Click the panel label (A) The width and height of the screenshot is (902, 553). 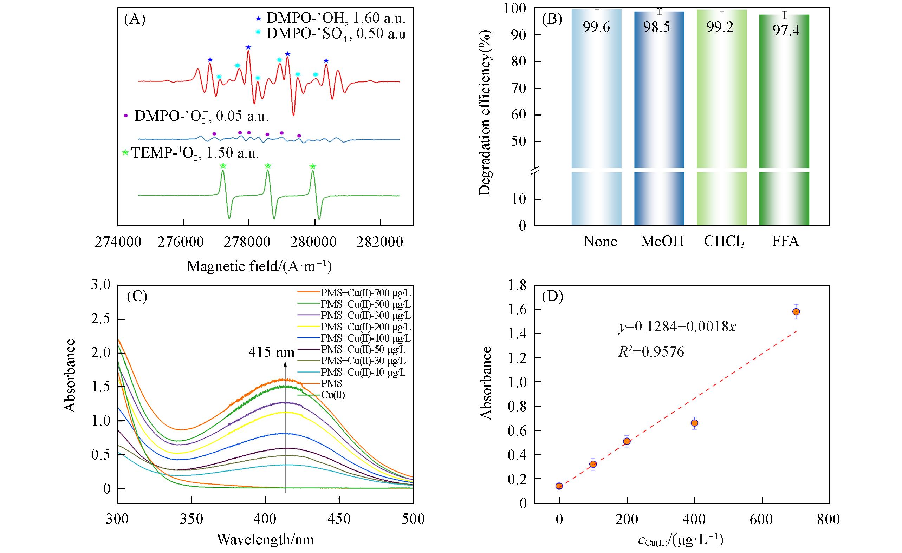pos(135,19)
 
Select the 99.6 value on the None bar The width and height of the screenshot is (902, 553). pos(596,27)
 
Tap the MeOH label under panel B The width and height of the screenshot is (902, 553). pos(662,242)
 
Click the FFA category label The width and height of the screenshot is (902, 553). pos(785,242)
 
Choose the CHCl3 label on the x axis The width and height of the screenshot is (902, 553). pos(724,242)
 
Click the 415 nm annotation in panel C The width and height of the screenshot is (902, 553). pos(271,352)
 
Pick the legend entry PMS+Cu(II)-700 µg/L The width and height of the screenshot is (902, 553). pos(366,293)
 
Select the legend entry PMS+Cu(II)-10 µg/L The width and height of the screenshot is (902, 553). pos(363,372)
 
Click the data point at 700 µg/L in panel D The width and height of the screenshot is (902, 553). pos(796,312)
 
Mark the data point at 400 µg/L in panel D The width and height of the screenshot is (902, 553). pos(694,423)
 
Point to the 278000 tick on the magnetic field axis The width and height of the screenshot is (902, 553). pos(248,242)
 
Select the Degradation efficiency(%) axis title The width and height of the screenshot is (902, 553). pos(485,113)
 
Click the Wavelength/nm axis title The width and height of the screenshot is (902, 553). pos(265,539)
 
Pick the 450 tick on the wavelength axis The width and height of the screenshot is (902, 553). pos(339,519)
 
